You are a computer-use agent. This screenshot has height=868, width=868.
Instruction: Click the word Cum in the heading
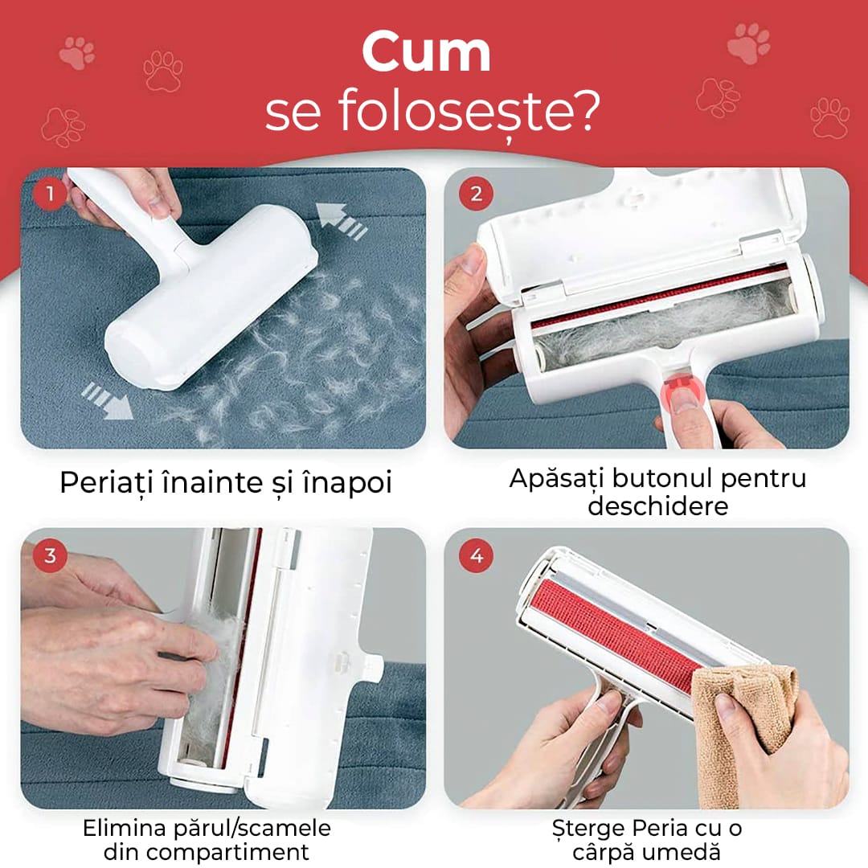[x=426, y=52]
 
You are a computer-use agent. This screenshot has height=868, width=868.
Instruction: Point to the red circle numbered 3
[x=50, y=555]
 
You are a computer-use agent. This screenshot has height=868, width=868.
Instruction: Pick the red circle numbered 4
[x=476, y=555]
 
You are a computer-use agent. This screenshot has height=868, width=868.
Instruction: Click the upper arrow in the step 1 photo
[x=341, y=221]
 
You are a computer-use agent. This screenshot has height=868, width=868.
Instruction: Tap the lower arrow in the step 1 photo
[x=107, y=399]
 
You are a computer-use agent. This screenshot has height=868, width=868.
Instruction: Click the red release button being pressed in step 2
[x=681, y=391]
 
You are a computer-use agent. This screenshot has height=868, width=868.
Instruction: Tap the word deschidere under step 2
[x=657, y=506]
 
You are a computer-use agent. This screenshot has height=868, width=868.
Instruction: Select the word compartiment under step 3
[x=206, y=852]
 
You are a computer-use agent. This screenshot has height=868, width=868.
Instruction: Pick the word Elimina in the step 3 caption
[x=124, y=828]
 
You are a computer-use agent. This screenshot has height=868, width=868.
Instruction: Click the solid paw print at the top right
[x=749, y=43]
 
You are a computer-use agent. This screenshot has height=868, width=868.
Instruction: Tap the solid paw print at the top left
[x=77, y=52]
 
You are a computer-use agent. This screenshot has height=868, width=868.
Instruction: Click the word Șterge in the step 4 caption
[x=588, y=829]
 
